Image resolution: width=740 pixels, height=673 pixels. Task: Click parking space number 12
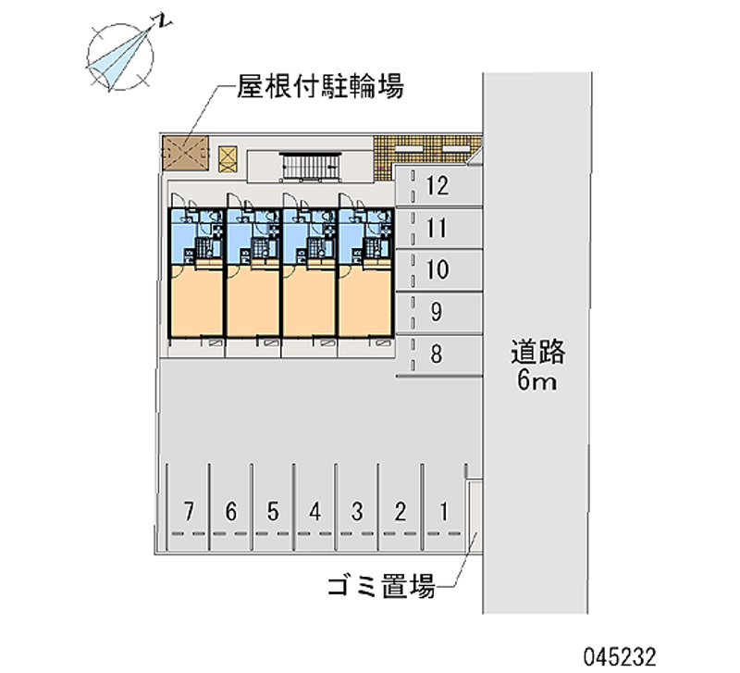point(437,185)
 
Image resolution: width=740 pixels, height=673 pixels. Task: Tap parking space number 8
point(437,355)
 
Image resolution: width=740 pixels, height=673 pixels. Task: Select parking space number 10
point(437,269)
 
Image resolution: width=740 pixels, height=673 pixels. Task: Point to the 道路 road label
point(537,352)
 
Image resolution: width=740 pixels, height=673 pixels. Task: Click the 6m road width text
point(536,380)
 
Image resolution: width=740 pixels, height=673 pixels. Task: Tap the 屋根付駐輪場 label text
point(320,86)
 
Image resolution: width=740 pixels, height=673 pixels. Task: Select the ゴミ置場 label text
point(381,586)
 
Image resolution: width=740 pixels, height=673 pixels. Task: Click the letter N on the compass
point(164,21)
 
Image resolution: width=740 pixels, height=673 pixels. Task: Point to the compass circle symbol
point(120,57)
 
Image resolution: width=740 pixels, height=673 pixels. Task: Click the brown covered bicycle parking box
point(186,153)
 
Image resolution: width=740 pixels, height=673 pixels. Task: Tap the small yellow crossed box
point(228,159)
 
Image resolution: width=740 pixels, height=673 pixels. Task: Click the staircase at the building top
point(310,167)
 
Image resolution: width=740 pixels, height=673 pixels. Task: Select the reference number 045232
point(619,657)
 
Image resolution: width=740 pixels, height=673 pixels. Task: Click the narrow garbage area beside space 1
point(475,517)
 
